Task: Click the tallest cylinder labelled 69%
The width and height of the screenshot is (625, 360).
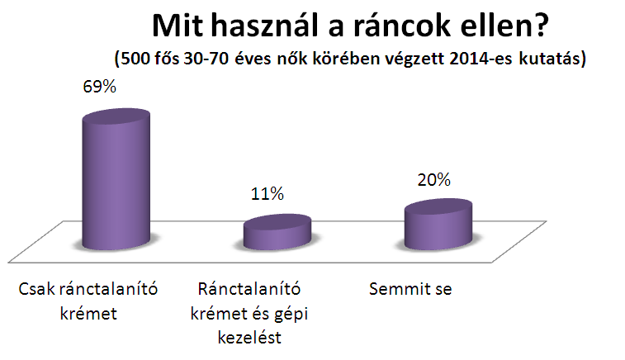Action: [116, 179]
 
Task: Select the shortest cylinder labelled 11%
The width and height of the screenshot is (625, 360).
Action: [277, 232]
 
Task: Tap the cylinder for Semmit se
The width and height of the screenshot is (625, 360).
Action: [438, 225]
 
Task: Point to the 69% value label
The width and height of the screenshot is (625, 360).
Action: [99, 87]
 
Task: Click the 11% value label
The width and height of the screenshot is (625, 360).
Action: [267, 194]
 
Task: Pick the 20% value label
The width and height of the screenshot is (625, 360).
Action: [434, 180]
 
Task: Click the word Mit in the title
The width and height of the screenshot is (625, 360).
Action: [178, 26]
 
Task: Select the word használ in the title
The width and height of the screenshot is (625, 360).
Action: [266, 26]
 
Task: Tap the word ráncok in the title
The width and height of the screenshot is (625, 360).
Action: [403, 26]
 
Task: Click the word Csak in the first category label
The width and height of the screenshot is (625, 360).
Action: [36, 289]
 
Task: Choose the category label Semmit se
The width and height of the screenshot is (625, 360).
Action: [410, 289]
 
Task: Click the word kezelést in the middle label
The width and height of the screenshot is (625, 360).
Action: [249, 338]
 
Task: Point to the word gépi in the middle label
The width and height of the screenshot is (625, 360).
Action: [292, 315]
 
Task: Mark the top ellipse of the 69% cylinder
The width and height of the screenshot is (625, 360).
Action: [116, 116]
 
